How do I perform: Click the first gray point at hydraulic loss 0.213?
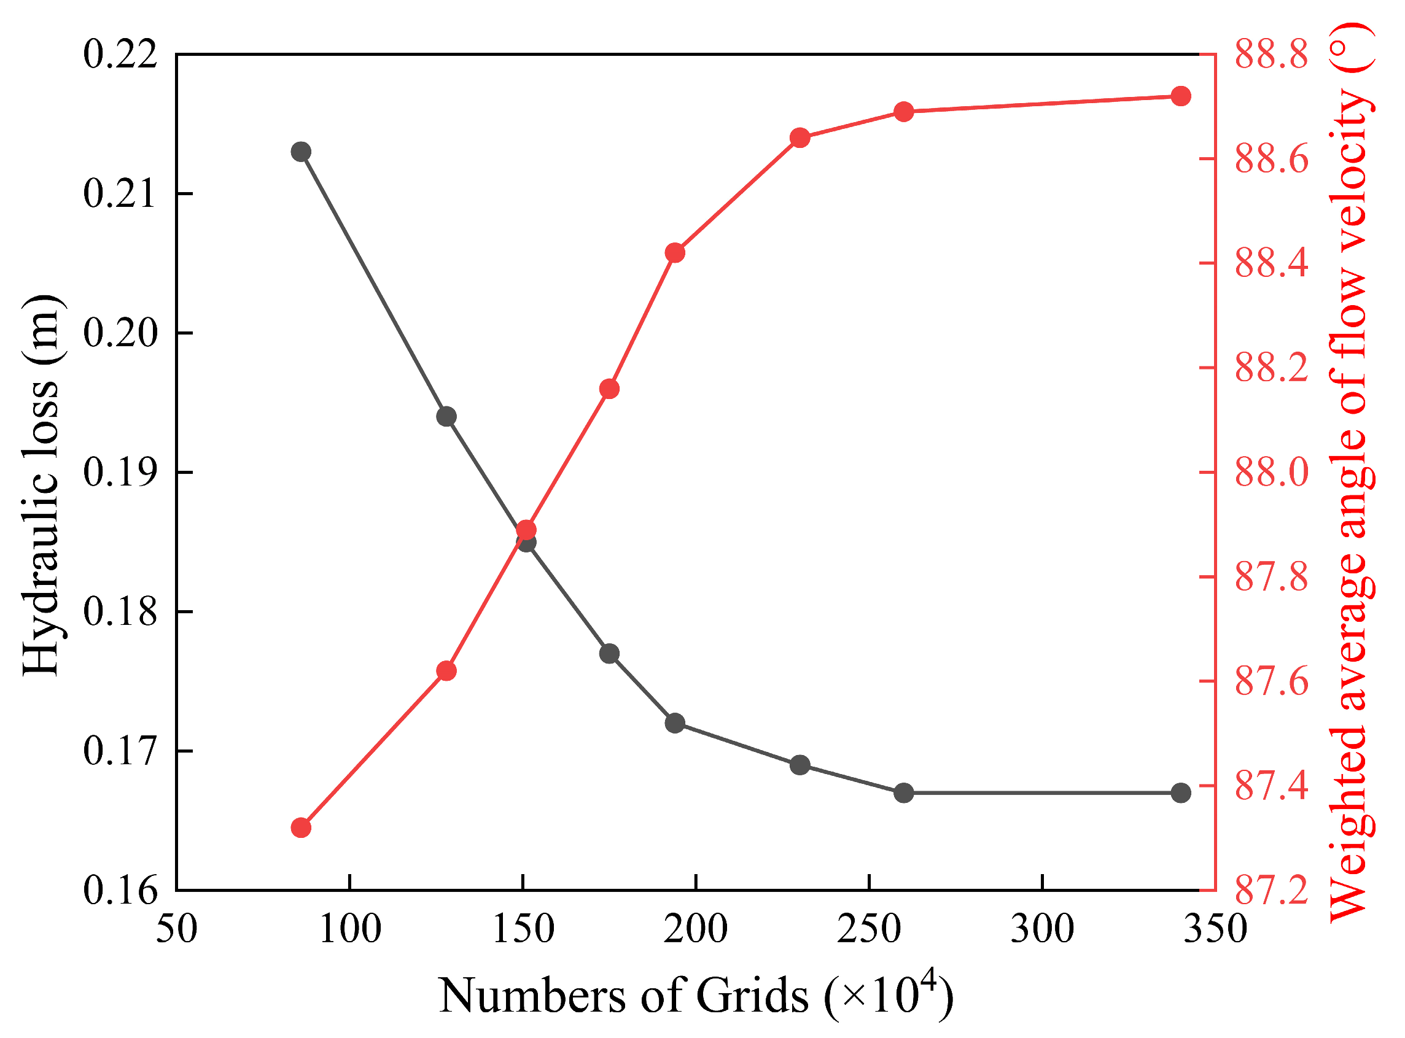click(301, 152)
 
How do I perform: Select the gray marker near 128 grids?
click(446, 417)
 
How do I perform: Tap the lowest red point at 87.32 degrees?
click(301, 828)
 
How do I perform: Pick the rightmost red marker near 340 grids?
click(1181, 96)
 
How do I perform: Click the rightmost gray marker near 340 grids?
click(1181, 793)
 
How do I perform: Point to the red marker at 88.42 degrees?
click(675, 252)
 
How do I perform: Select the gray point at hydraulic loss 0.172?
click(675, 723)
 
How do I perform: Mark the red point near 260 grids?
click(904, 112)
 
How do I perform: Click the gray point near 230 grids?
click(800, 765)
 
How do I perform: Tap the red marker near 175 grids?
click(609, 390)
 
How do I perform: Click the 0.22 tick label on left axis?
click(120, 55)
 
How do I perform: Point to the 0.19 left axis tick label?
click(120, 473)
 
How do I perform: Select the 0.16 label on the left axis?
click(120, 891)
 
